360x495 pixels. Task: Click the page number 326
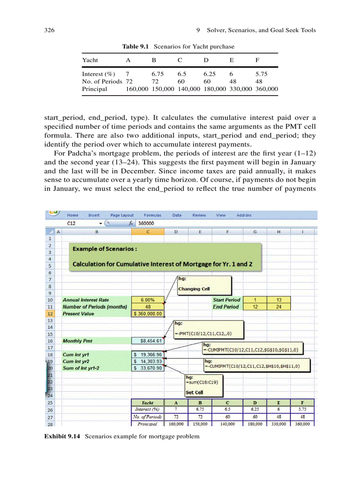[49, 30]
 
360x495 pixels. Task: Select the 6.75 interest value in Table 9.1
[157, 74]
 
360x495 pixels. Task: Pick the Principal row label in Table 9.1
[94, 89]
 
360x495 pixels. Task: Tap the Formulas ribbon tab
[152, 215]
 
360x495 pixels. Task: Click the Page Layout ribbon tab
[122, 215]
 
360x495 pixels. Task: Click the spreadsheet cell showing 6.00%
[148, 300]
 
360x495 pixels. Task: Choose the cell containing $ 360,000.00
[148, 313]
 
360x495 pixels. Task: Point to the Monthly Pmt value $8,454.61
[148, 340]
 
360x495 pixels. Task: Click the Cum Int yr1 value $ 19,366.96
[148, 354]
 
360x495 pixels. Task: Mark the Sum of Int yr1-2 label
[81, 368]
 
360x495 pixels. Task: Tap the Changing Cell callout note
[203, 285]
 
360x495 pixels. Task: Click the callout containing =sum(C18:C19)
[203, 385]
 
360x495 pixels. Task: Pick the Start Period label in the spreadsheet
[226, 300]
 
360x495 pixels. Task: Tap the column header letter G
[255, 231]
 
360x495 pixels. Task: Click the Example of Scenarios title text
[105, 249]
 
